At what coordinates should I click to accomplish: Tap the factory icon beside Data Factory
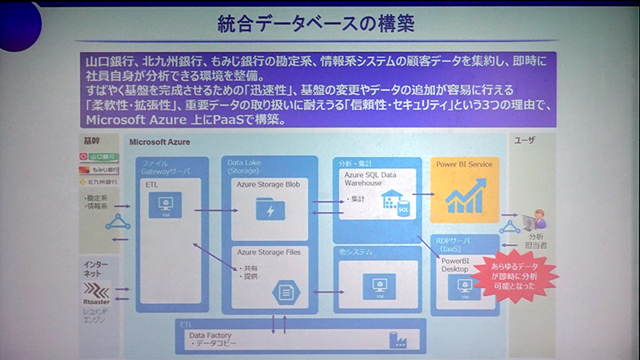point(398,340)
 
